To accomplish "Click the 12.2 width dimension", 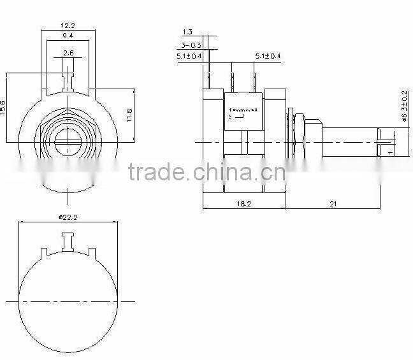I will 68,25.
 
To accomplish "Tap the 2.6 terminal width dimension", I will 68,52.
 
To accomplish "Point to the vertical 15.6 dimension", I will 4,106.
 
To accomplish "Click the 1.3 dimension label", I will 187,32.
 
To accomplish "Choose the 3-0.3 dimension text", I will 191,45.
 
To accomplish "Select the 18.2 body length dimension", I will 243,203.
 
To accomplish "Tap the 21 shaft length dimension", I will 333,203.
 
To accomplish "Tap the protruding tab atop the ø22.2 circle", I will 68,240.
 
